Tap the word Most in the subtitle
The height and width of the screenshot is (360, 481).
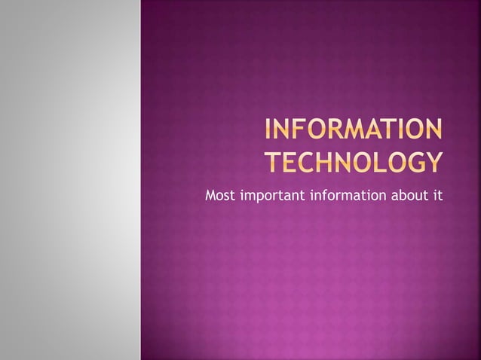[x=220, y=197]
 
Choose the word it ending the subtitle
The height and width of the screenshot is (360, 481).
[x=437, y=197]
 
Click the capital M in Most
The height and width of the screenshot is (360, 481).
[x=210, y=197]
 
